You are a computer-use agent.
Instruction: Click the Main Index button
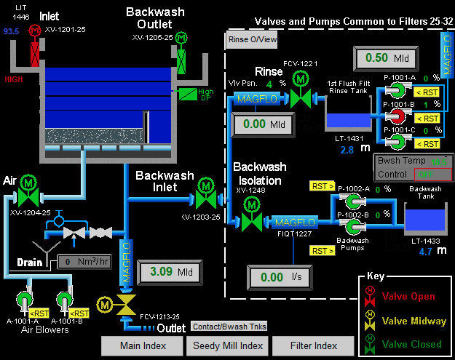(143, 345)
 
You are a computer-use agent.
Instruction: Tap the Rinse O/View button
(252, 39)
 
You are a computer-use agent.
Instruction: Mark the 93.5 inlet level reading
(11, 32)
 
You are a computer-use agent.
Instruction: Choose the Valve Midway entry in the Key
(405, 320)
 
